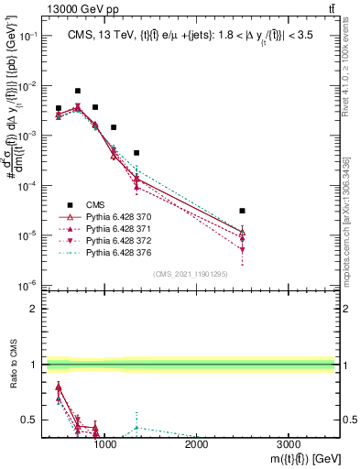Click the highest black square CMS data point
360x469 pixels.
78,91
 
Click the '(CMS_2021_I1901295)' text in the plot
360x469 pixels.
191,273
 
